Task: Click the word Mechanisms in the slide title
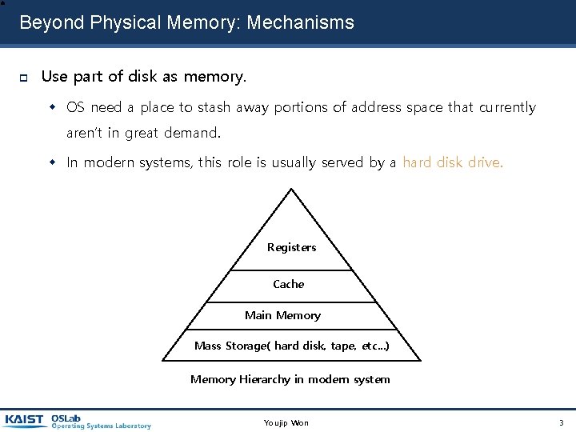(301, 22)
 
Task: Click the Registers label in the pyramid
(291, 248)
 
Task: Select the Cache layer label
(289, 284)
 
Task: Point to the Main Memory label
(282, 315)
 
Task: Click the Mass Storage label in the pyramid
(292, 346)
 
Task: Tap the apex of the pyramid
(291, 190)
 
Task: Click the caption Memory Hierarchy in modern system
(290, 379)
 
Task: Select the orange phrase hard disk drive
(453, 162)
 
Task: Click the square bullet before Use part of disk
(24, 78)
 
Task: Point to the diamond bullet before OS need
(54, 107)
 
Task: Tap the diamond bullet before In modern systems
(54, 163)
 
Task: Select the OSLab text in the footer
(66, 417)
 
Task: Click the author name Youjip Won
(286, 422)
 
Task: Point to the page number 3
(561, 422)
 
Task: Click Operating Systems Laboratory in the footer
(101, 426)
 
